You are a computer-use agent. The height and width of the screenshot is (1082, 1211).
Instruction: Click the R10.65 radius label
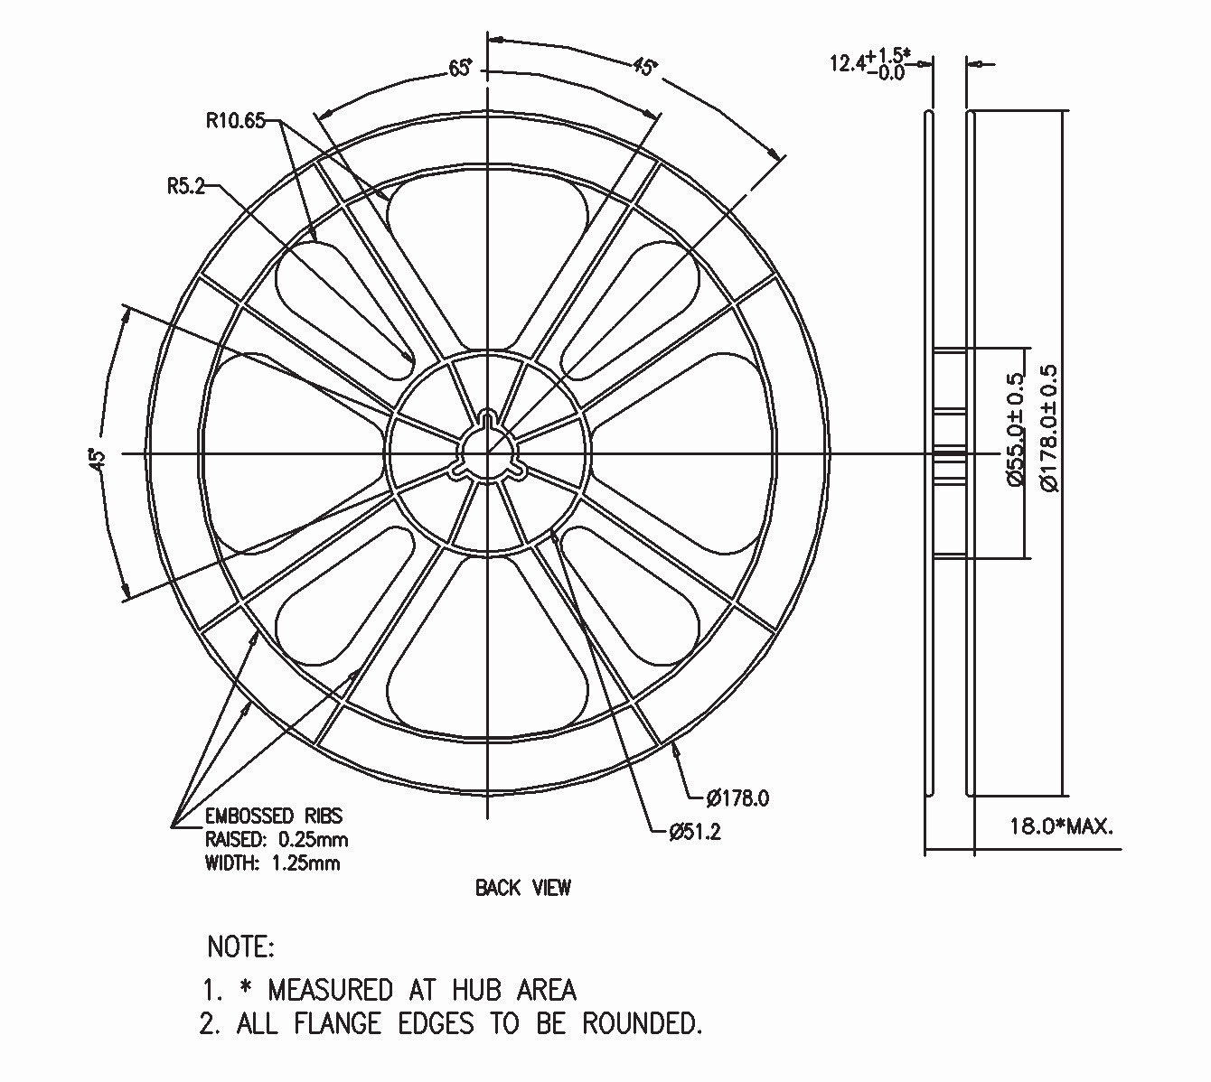235,121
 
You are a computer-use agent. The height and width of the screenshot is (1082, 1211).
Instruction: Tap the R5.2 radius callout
185,187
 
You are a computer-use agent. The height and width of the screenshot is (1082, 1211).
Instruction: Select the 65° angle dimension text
460,69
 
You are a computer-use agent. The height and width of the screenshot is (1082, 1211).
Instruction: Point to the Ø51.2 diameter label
695,832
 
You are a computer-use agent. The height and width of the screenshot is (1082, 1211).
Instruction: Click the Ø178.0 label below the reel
737,798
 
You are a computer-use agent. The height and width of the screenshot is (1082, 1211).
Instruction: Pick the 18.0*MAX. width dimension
1062,827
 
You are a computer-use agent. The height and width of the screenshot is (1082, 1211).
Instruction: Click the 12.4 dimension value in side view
848,62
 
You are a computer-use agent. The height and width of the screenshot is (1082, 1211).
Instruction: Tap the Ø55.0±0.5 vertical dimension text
1016,430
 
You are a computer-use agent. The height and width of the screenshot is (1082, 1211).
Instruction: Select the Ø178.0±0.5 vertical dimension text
1049,428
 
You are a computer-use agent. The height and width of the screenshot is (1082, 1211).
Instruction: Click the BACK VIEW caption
523,888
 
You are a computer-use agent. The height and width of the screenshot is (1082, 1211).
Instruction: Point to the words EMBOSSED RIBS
274,816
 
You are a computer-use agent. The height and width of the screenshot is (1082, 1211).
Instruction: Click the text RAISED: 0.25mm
277,839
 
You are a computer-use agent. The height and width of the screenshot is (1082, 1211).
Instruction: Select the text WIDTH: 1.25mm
273,863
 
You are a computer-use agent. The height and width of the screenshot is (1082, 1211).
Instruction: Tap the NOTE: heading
241,947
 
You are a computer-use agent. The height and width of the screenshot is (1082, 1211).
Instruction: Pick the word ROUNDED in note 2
642,1023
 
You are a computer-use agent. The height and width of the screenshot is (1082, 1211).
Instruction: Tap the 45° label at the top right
644,67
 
